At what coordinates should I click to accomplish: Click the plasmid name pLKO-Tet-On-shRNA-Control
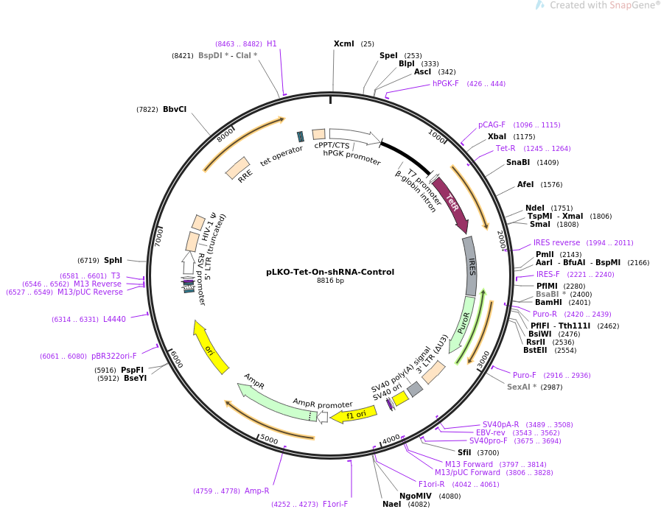click(x=330, y=272)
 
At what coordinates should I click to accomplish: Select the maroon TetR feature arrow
click(x=451, y=203)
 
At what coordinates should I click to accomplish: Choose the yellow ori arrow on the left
click(x=209, y=347)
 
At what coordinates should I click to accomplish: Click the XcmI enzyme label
click(x=344, y=44)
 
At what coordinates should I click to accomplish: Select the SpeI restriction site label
click(x=388, y=56)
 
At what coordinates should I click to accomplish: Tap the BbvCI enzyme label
click(x=175, y=110)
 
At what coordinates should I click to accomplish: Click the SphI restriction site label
click(x=113, y=260)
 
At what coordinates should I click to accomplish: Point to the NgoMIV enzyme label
click(x=416, y=496)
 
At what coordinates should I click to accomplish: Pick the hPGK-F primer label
click(x=446, y=84)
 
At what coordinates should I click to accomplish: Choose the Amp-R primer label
click(x=257, y=491)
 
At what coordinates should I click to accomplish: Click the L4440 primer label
click(x=114, y=319)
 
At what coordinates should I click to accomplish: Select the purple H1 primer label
click(x=272, y=44)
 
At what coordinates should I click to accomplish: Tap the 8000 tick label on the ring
click(x=225, y=134)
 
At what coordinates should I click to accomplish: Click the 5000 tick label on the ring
click(x=268, y=440)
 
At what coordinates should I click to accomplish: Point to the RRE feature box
click(x=237, y=168)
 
